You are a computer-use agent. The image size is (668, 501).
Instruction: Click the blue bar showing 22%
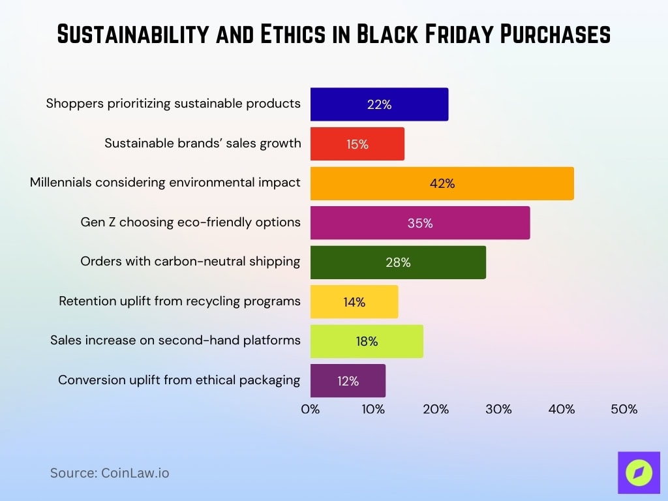tap(379, 104)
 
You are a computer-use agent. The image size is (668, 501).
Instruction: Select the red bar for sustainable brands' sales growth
tap(357, 144)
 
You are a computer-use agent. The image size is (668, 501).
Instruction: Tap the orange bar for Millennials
tap(442, 184)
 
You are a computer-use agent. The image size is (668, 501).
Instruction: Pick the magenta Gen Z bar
tap(419, 223)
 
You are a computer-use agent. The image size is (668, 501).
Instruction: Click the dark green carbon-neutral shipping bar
tap(397, 262)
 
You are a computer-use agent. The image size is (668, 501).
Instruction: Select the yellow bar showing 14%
tap(354, 302)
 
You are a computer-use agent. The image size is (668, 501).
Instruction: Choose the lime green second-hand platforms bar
tap(366, 341)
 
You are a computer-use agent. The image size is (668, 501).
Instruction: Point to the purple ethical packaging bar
tap(348, 381)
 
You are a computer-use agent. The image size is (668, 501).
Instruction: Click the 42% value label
tap(442, 184)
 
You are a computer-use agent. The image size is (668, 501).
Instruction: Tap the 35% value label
tap(419, 223)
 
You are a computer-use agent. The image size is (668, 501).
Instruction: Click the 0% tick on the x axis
tap(311, 410)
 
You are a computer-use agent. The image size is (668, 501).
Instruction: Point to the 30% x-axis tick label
tap(498, 410)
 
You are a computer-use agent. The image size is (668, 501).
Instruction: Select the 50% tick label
tap(624, 410)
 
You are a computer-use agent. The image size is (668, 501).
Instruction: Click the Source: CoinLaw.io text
tap(110, 473)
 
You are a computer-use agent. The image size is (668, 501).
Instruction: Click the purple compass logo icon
tap(639, 472)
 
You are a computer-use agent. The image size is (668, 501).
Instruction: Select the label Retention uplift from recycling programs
tap(179, 301)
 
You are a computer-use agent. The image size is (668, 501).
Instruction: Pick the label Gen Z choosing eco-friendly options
tap(190, 222)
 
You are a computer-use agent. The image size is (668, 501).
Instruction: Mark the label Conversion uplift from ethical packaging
tap(179, 380)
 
